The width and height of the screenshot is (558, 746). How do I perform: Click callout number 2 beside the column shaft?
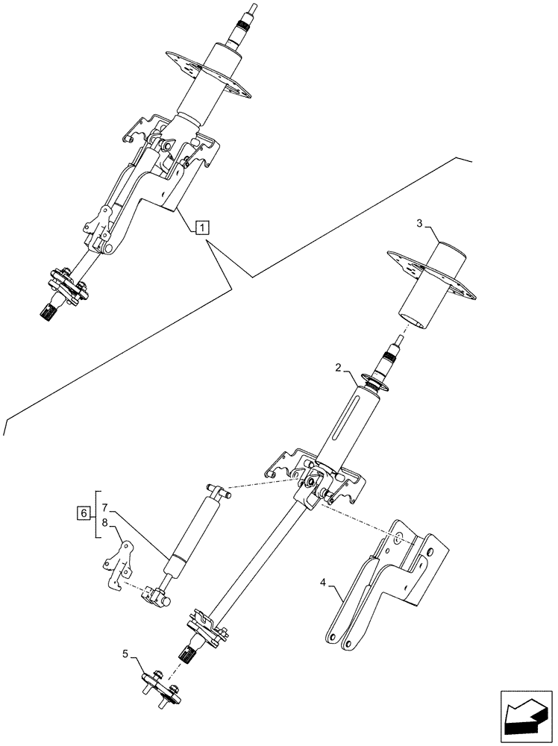click(338, 368)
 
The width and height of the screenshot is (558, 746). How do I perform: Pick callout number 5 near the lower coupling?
click(128, 655)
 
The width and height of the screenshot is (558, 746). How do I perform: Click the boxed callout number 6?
click(84, 513)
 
